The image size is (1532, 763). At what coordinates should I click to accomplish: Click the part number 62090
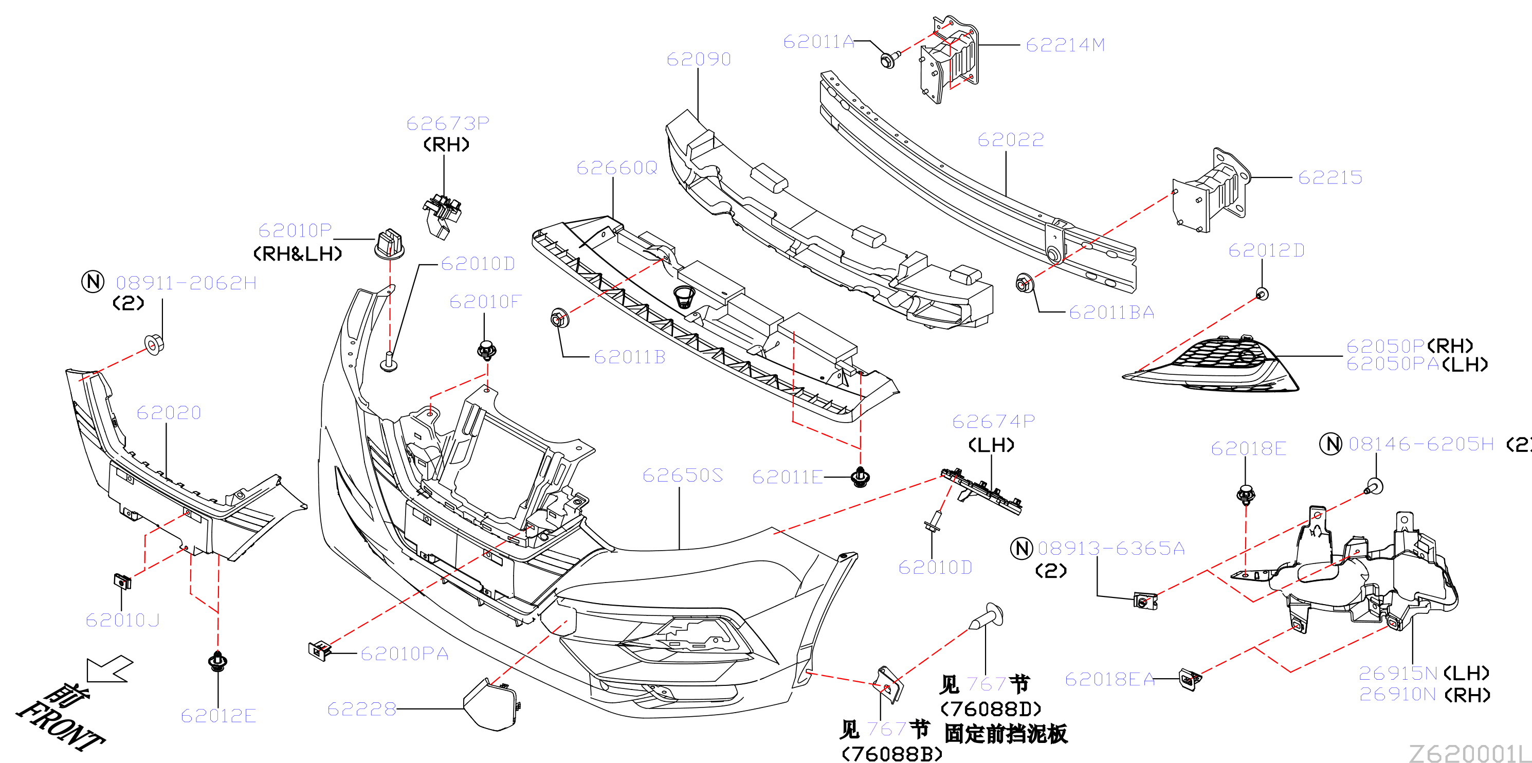[x=698, y=59]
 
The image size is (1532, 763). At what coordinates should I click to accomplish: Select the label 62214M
[x=1065, y=45]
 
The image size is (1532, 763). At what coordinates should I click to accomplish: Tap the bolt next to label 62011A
[x=888, y=59]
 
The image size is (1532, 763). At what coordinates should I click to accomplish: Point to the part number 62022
[x=1010, y=140]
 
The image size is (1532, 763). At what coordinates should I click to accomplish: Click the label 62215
[x=1330, y=177]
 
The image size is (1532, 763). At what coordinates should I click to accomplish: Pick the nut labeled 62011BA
[x=1024, y=284]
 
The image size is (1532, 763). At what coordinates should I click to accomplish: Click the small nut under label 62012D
[x=1262, y=293]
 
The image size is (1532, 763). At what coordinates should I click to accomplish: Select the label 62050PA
[x=1392, y=364]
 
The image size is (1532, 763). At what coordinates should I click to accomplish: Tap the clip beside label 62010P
[x=390, y=244]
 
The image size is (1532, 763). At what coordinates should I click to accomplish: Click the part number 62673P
[x=448, y=123]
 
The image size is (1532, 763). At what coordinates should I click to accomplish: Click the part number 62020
[x=169, y=412]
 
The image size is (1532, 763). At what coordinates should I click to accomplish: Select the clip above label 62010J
[x=122, y=581]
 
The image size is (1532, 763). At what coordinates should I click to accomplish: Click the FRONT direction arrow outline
[x=109, y=669]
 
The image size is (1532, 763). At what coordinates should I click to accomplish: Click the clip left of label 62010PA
[x=320, y=650]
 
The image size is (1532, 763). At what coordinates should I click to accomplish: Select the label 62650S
[x=682, y=475]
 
